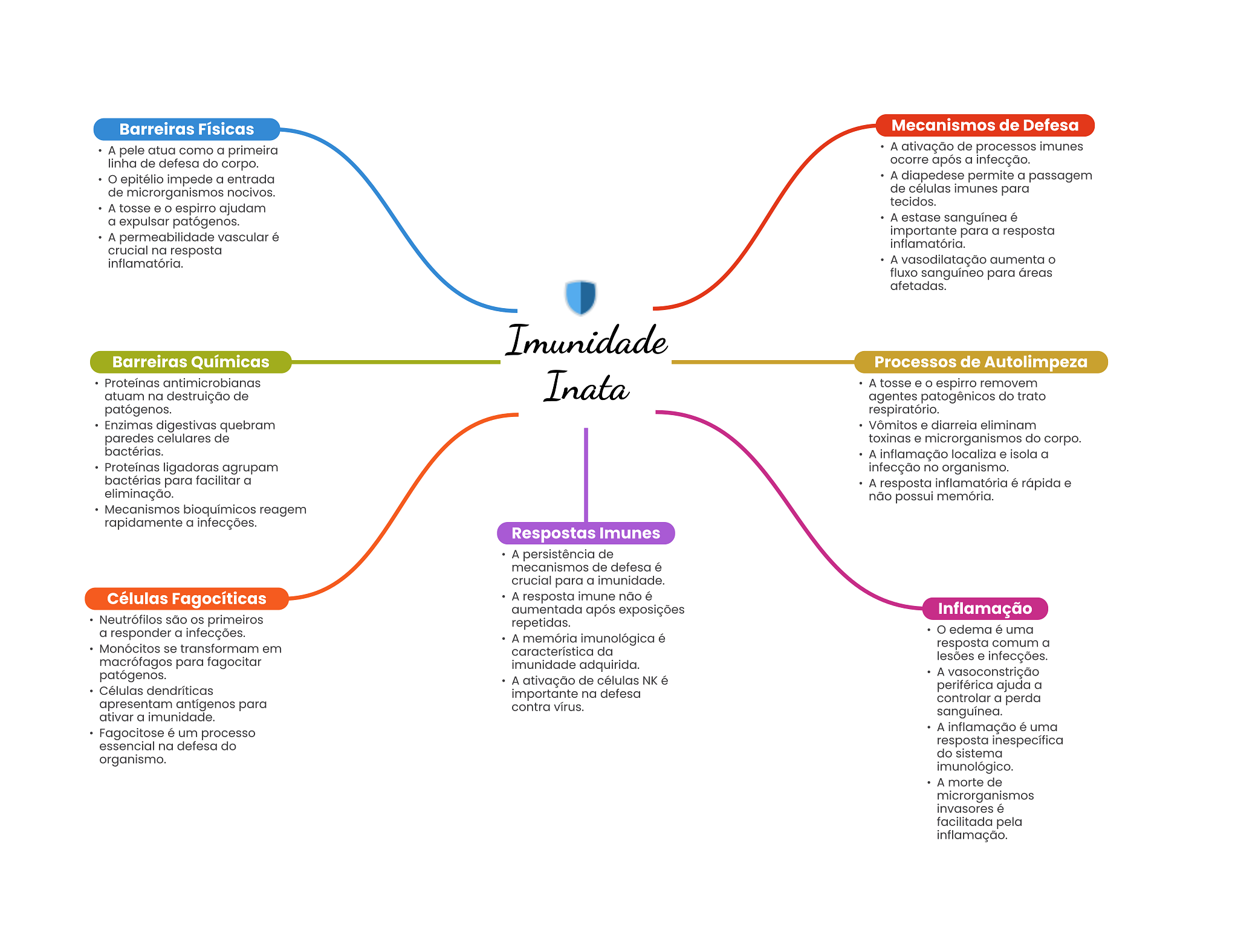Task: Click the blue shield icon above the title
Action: tap(581, 297)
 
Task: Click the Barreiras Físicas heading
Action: tap(186, 129)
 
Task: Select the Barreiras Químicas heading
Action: tap(190, 362)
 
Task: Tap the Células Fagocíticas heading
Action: tap(186, 599)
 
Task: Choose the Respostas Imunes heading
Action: tap(585, 533)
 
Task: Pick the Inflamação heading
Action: tap(984, 608)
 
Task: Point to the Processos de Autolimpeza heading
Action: tap(980, 362)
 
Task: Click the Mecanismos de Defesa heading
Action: tap(984, 125)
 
